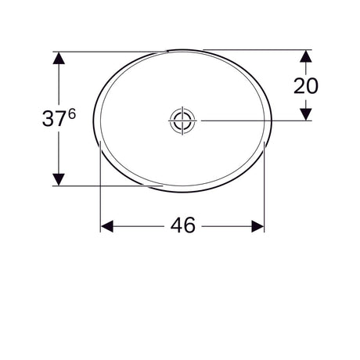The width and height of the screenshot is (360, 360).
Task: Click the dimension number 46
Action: click(x=183, y=225)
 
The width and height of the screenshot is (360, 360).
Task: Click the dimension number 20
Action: click(x=306, y=86)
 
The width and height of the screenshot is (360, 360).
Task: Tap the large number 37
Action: click(x=54, y=119)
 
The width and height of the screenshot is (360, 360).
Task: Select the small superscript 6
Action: click(x=72, y=113)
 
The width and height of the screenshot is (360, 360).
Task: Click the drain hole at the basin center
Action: click(x=182, y=121)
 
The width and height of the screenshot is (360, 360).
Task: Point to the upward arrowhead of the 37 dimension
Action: click(x=59, y=58)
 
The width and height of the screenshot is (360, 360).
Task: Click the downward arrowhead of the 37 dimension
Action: click(x=59, y=179)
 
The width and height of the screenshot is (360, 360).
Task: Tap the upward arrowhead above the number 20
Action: click(x=306, y=56)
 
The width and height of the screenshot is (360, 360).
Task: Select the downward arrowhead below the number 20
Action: click(x=306, y=114)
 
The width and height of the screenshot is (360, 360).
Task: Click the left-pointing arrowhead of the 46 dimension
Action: click(x=107, y=226)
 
